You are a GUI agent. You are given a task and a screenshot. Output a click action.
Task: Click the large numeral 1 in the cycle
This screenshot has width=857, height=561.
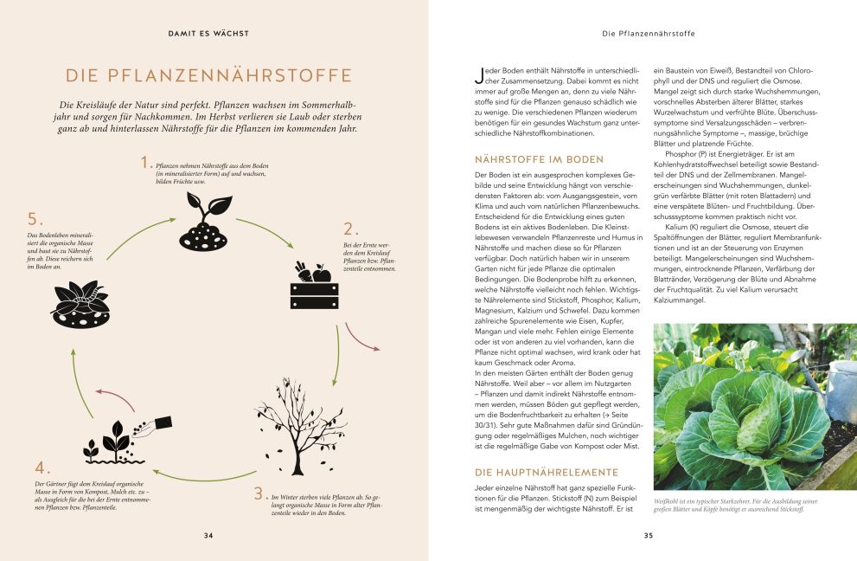(x=145, y=163)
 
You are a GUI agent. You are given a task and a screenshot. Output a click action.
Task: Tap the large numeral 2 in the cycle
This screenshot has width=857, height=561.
(x=350, y=229)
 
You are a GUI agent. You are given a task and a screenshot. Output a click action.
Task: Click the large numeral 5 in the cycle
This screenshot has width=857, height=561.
(x=35, y=218)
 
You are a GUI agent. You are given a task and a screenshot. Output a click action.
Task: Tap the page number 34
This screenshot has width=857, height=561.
(x=208, y=535)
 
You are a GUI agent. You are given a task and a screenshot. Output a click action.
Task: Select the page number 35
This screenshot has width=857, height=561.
(x=649, y=535)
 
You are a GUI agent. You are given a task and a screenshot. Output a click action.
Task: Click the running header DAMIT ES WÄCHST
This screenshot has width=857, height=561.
(x=208, y=34)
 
